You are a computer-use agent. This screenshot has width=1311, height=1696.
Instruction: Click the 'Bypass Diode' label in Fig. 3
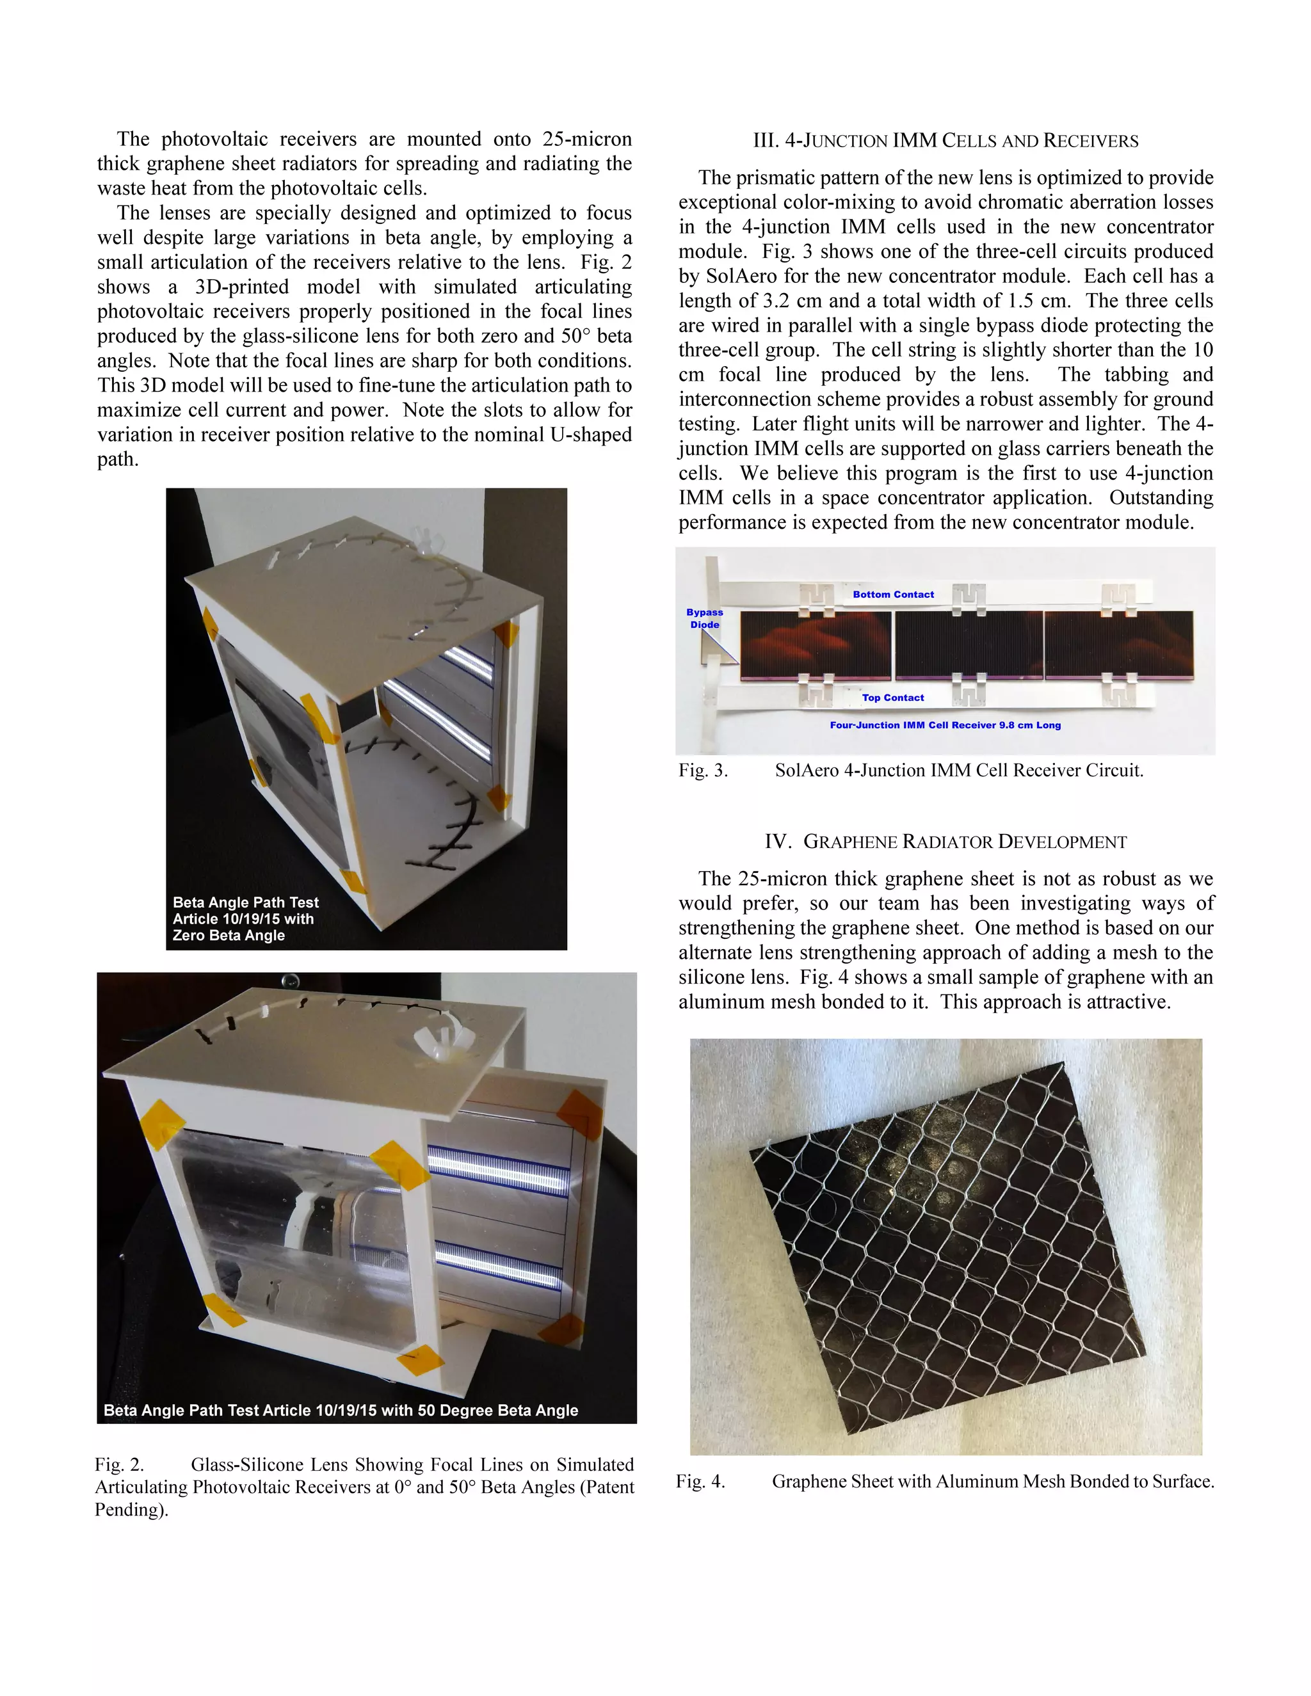(x=704, y=618)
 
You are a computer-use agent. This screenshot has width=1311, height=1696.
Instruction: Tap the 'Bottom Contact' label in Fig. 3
(x=893, y=594)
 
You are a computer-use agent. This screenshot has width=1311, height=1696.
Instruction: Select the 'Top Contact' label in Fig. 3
(x=892, y=698)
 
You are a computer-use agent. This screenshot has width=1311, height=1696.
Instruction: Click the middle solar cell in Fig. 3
(x=969, y=645)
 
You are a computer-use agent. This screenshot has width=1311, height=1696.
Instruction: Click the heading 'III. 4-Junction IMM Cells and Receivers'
(x=945, y=141)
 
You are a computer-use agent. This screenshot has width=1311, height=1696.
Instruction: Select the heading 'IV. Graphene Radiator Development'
(x=945, y=841)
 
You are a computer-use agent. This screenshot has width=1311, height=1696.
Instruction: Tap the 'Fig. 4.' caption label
(x=700, y=1481)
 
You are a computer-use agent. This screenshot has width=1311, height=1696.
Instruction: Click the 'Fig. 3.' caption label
(x=703, y=771)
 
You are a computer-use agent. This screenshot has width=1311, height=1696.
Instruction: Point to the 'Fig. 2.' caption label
(x=120, y=1464)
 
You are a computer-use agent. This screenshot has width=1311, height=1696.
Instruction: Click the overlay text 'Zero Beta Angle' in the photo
(x=229, y=935)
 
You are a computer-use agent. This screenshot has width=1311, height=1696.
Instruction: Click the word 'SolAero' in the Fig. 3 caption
(x=806, y=771)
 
